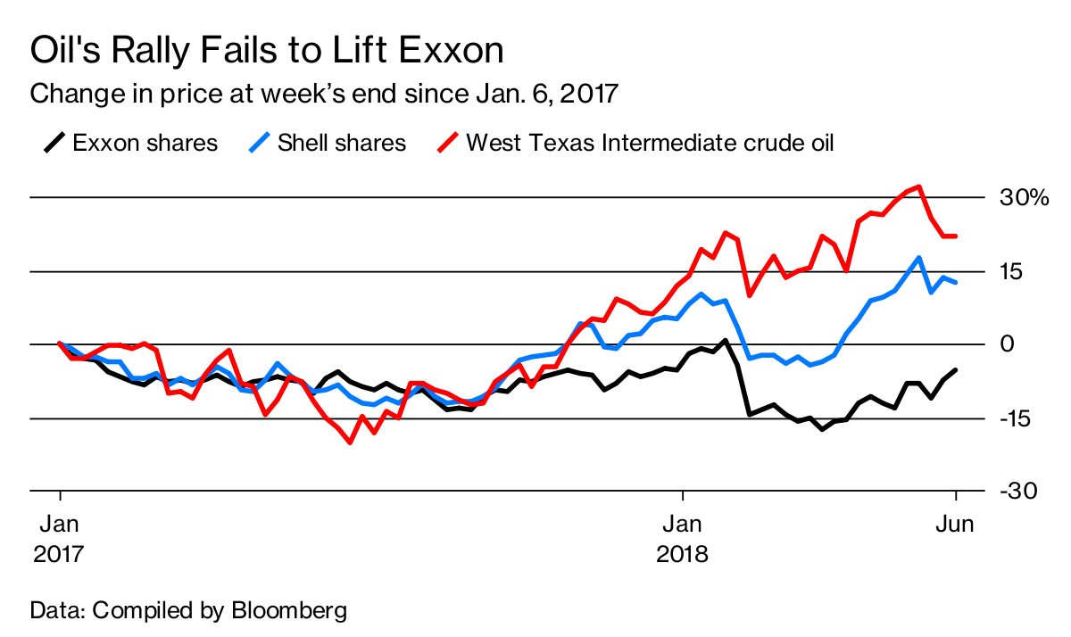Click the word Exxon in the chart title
[x=452, y=51]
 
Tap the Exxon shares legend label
[x=145, y=143]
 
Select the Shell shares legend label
[x=342, y=143]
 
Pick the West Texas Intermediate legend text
[x=650, y=143]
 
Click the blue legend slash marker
[x=259, y=142]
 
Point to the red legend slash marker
[x=448, y=142]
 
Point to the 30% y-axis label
[x=1023, y=197]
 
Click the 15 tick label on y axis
[x=1010, y=271]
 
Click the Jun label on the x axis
[x=955, y=525]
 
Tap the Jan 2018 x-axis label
[x=683, y=539]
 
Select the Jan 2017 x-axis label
[x=60, y=539]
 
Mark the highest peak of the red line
[x=918, y=186]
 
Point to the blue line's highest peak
[x=918, y=258]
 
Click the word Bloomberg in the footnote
[x=289, y=611]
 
